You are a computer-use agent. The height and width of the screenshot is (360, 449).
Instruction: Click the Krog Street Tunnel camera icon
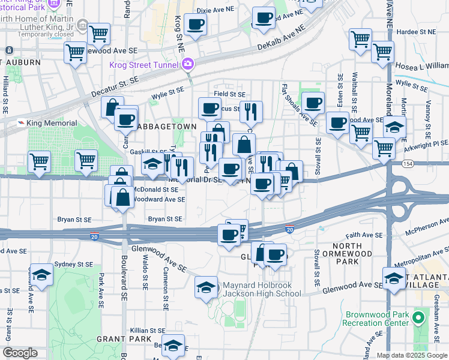(188, 64)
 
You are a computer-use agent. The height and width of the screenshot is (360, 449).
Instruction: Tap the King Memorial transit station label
(52, 123)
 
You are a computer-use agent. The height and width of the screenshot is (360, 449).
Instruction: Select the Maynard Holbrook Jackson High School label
(262, 289)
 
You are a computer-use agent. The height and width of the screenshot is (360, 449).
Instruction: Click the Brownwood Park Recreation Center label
(376, 319)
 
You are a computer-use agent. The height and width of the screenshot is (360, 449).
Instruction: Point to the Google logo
(20, 353)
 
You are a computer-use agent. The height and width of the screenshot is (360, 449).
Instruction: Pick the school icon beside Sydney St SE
(42, 274)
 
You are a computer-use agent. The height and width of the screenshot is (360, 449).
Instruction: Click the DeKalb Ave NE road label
(282, 37)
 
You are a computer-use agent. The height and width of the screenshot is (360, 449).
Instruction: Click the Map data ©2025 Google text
(412, 355)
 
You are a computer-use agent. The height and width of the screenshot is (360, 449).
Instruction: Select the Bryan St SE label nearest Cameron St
(165, 220)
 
